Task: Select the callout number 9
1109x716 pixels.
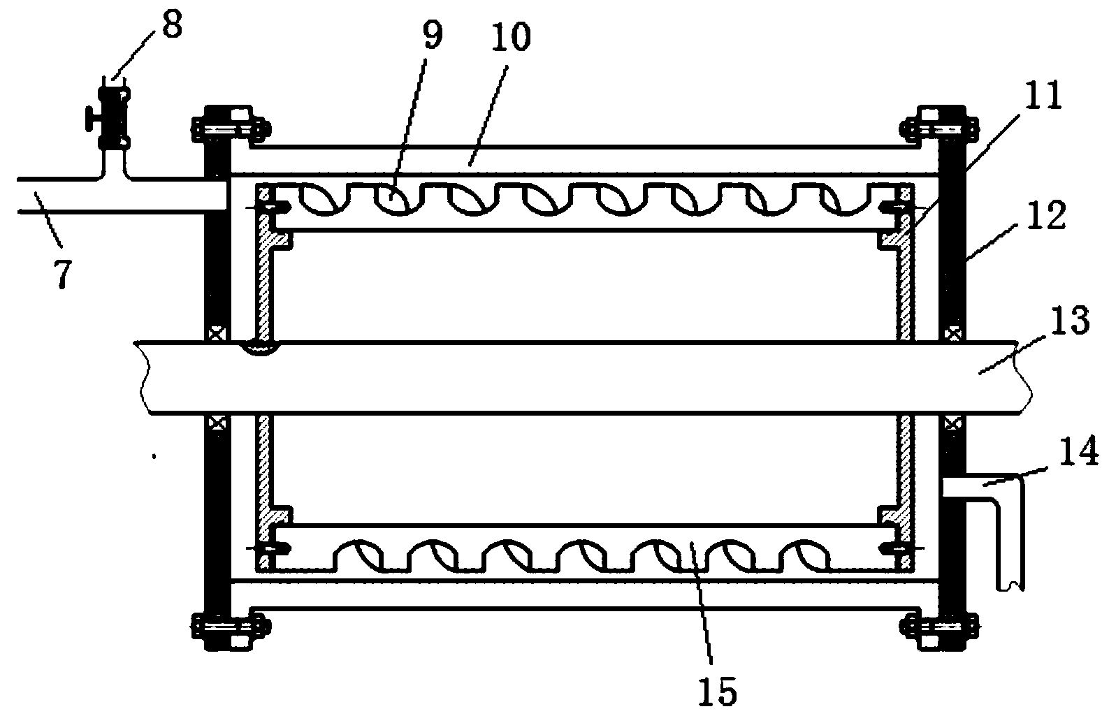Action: click(433, 36)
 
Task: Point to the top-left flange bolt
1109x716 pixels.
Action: click(231, 127)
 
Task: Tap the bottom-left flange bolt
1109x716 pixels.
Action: click(231, 622)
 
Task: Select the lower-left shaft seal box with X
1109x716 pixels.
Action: click(216, 423)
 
